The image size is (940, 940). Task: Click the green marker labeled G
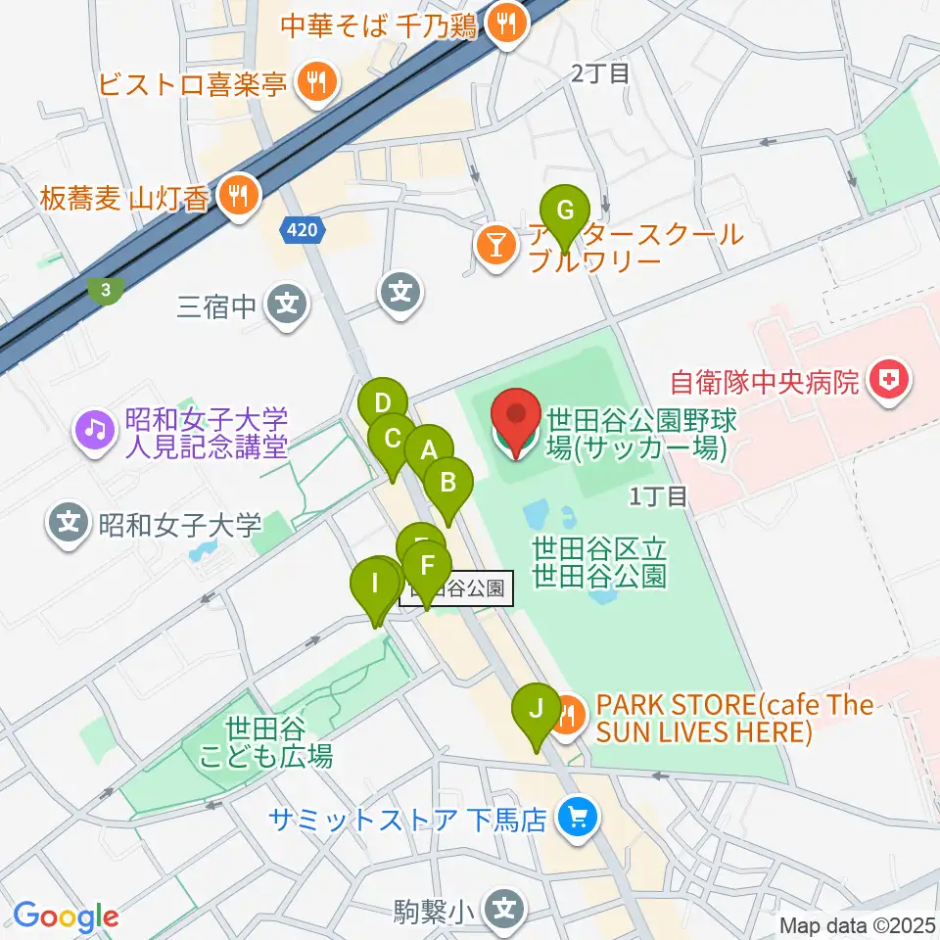tap(565, 212)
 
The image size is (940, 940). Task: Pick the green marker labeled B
tap(447, 484)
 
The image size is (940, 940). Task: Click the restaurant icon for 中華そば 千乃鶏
tap(506, 24)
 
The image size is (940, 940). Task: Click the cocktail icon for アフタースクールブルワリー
tap(495, 247)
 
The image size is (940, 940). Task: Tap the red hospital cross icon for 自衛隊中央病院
tap(890, 378)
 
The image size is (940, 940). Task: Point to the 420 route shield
tap(302, 230)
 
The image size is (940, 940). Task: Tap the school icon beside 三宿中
tap(286, 307)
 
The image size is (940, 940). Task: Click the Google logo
tap(67, 916)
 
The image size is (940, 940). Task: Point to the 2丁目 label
tap(599, 72)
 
